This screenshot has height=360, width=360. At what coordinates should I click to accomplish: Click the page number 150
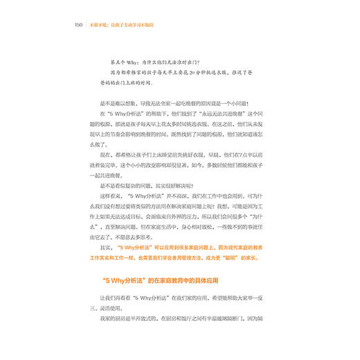78,25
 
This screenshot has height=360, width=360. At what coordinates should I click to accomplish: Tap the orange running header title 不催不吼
97,25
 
